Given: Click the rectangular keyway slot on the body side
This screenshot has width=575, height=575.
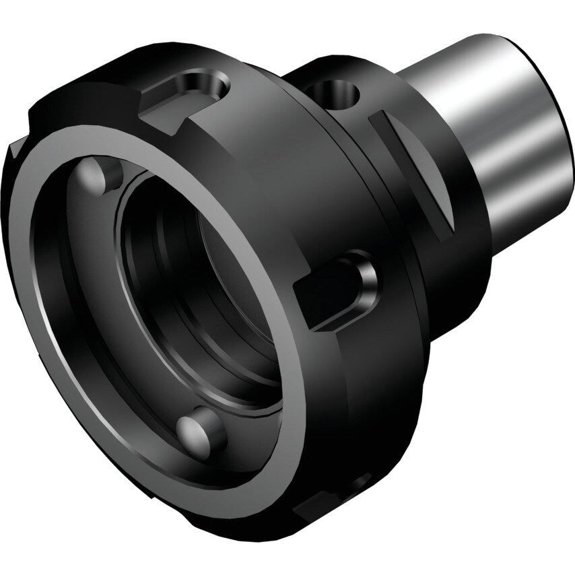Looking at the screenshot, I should pyautogui.click(x=330, y=290).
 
